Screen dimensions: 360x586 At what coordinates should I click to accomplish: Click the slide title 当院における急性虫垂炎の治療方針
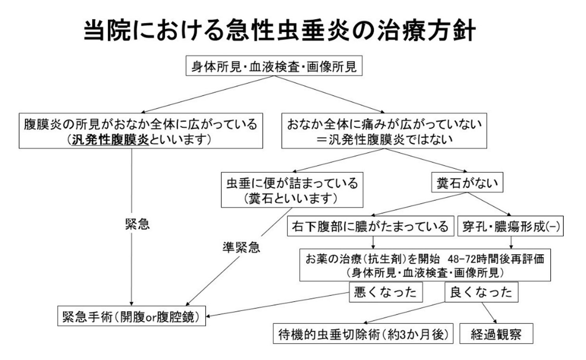click(x=280, y=31)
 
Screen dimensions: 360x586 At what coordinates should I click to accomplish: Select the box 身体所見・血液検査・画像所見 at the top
click(x=274, y=66)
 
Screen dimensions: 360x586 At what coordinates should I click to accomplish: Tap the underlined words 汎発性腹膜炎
click(x=111, y=140)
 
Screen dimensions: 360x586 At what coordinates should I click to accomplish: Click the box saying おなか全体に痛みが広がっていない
click(x=384, y=131)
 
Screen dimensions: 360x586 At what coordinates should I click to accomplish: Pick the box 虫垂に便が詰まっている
click(x=292, y=190)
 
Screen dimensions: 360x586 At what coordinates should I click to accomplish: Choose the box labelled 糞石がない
click(x=467, y=183)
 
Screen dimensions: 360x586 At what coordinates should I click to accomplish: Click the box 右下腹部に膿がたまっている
click(x=370, y=226)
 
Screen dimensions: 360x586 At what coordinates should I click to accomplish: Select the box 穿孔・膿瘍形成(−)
click(x=510, y=226)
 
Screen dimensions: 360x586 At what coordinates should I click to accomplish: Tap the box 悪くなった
click(x=385, y=292)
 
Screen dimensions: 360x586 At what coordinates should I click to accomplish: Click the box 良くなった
click(x=481, y=292)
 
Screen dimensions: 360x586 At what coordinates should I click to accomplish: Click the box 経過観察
click(x=496, y=334)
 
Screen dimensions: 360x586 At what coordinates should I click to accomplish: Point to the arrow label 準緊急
click(x=241, y=247)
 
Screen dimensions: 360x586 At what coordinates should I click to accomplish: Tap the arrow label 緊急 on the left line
click(x=137, y=224)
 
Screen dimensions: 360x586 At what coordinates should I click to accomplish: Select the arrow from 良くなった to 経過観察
click(x=488, y=312)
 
